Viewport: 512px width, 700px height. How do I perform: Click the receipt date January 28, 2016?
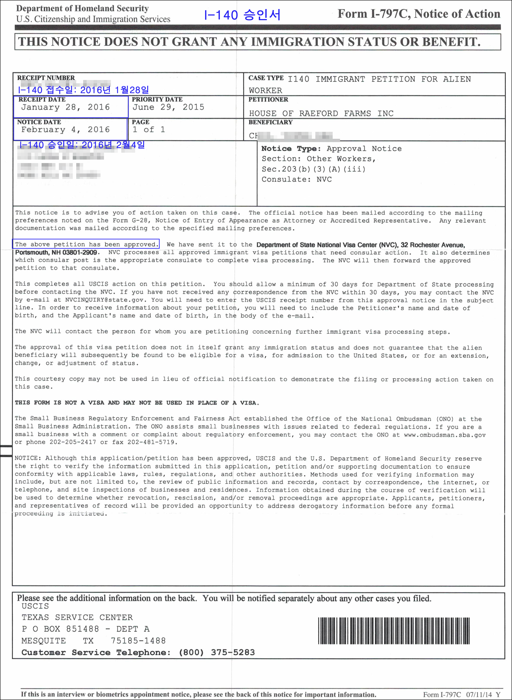click(x=65, y=107)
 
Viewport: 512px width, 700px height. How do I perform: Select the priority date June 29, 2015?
click(x=168, y=107)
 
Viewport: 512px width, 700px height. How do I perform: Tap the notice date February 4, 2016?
click(x=65, y=130)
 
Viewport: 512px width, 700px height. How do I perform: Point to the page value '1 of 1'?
click(x=149, y=130)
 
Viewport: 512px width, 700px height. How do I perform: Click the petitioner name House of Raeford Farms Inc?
click(x=321, y=114)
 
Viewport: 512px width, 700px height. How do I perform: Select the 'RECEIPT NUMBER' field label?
click(x=46, y=78)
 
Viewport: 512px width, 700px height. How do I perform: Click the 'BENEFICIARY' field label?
click(x=270, y=122)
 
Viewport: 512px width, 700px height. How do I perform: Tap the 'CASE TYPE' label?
click(x=266, y=78)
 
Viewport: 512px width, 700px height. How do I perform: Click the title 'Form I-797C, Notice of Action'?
click(x=419, y=14)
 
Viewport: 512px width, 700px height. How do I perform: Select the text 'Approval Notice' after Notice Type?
click(x=364, y=149)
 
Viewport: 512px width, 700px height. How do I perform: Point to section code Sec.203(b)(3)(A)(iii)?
click(x=313, y=169)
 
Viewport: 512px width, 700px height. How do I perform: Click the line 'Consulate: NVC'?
click(x=296, y=179)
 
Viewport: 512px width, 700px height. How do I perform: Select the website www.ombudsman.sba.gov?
click(x=444, y=435)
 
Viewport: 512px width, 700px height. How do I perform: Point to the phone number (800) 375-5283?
click(x=217, y=652)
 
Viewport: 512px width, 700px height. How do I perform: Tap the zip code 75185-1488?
click(x=138, y=641)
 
